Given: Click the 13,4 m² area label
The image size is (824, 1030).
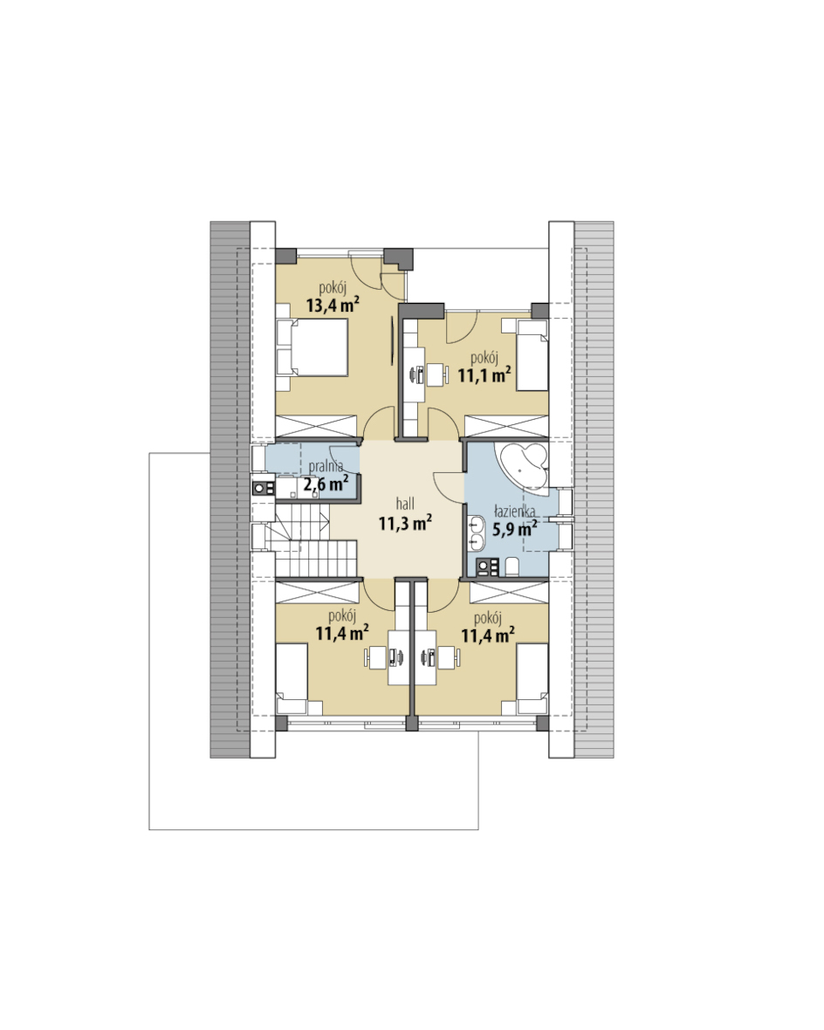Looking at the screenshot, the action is pos(333,305).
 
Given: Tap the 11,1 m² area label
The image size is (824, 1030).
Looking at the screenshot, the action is pos(484,375).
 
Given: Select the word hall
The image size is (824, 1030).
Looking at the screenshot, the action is pos(405,504).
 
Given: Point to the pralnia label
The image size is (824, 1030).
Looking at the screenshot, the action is pos(326,466).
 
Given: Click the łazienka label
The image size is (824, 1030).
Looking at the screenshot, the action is pos(514,511).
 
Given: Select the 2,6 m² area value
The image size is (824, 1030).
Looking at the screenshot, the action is pos(326,484).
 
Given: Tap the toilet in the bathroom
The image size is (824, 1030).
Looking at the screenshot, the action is pos(512,566).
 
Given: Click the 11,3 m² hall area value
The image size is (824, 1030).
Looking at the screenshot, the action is pos(405,523).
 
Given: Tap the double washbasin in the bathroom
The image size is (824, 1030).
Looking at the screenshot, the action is pos(476,533).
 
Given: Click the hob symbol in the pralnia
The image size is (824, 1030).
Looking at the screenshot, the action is pos(264,488).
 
